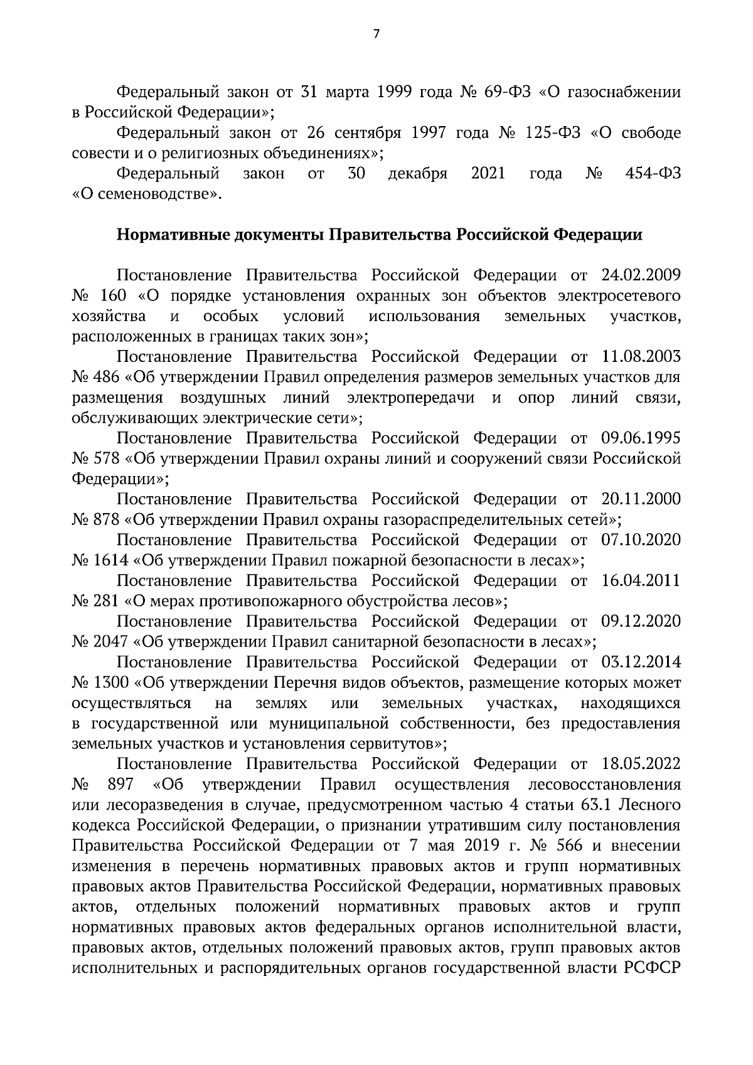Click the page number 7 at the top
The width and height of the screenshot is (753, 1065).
coord(376,34)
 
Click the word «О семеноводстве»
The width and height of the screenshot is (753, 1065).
coord(147,194)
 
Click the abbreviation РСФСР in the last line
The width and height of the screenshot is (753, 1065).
coord(653,968)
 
